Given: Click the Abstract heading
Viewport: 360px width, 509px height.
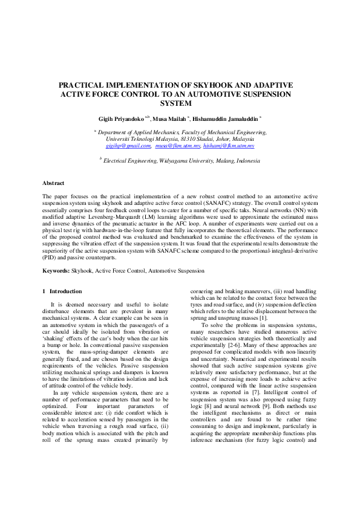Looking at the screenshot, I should coord(54,182).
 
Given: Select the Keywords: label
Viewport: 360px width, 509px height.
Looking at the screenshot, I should coord(56,271).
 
